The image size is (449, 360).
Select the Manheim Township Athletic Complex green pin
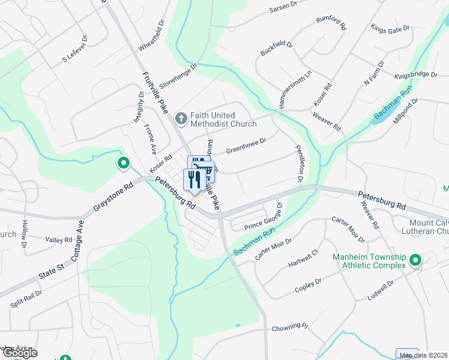[415, 261]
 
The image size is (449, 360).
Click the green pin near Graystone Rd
[123, 163]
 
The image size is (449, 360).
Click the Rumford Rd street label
[331, 23]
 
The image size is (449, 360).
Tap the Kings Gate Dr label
[390, 28]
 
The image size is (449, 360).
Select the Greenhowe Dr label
[246, 145]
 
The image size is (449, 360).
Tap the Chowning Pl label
[289, 328]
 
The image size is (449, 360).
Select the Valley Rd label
[59, 240]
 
